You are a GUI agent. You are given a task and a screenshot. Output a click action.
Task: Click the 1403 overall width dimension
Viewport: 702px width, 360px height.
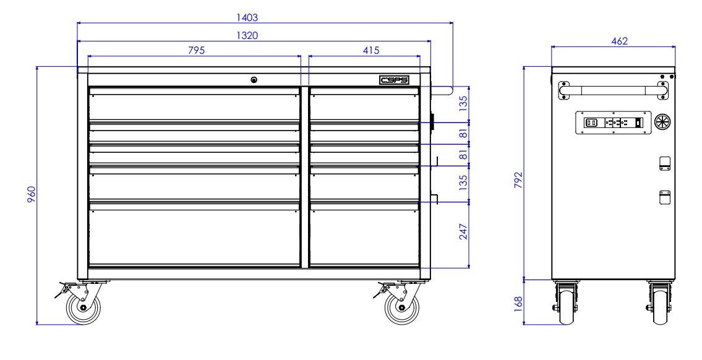[x=247, y=17]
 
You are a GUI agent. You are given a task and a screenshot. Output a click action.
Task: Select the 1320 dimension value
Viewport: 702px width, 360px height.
[x=247, y=35]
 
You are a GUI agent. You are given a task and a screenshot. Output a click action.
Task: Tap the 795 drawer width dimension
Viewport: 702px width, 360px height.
[x=196, y=50]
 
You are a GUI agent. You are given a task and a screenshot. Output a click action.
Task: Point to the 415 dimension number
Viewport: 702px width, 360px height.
[x=370, y=50]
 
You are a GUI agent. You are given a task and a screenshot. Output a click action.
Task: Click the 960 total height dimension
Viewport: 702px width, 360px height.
[x=31, y=195]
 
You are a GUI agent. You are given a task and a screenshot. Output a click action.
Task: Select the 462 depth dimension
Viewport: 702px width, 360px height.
[x=620, y=41]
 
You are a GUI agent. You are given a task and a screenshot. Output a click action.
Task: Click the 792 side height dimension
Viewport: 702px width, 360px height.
[x=518, y=181]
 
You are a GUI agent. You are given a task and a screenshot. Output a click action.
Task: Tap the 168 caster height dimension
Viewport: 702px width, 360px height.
[x=518, y=304]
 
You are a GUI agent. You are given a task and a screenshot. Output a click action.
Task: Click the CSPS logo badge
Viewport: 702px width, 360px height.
[x=394, y=80]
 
